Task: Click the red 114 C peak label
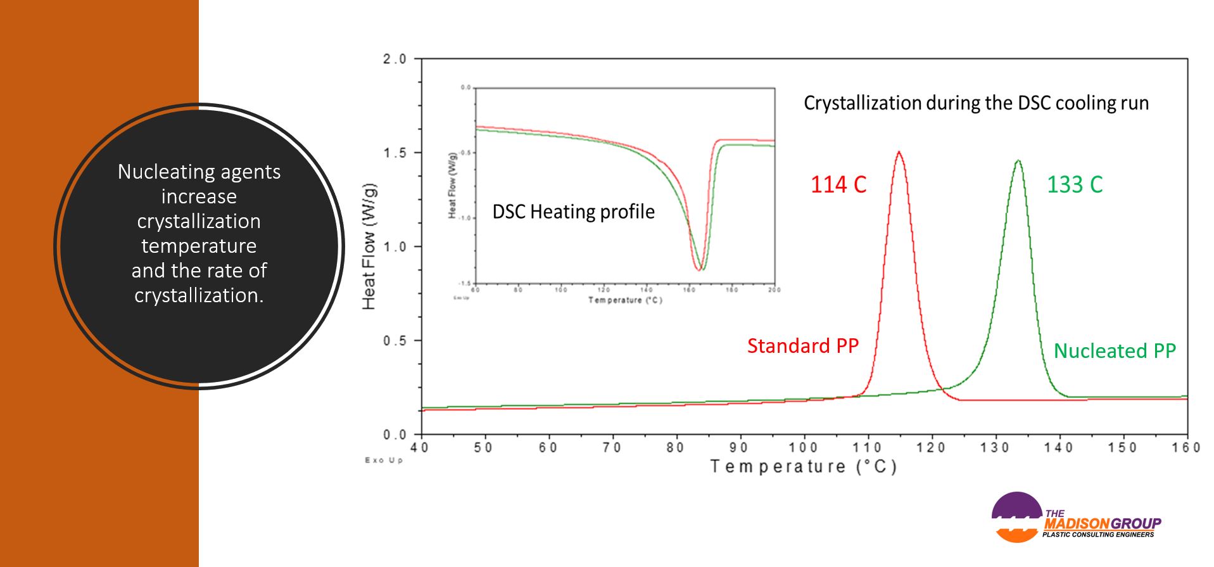838,184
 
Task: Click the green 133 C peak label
1075,184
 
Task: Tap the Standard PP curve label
802,346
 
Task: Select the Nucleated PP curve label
1115,350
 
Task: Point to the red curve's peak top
899,152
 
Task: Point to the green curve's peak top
1018,161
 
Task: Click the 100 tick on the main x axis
803,448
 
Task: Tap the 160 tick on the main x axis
1186,448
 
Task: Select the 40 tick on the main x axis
420,448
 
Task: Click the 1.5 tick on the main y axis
395,153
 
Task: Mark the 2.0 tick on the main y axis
395,59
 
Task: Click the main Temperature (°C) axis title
804,467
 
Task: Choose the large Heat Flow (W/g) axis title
369,246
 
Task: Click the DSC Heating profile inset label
573,212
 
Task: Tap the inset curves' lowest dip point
700,269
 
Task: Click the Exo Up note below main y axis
384,460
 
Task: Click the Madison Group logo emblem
1016,517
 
